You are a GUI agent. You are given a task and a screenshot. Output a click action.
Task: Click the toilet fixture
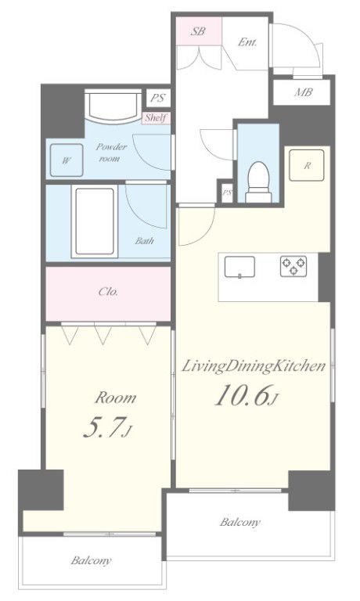258,182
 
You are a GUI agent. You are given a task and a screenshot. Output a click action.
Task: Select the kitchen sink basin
239,266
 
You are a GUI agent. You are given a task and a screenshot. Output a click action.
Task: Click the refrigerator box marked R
307,165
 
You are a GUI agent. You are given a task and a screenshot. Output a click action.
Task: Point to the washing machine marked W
67,160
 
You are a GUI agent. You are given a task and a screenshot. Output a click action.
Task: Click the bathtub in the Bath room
95,221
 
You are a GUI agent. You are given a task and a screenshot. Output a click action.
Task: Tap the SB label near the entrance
198,31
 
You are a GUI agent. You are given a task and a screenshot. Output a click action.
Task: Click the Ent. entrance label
247,41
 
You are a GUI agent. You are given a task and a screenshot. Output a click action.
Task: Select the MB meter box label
303,92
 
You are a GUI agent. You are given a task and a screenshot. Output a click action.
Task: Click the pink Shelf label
156,117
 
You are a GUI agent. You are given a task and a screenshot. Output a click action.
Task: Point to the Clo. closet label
108,292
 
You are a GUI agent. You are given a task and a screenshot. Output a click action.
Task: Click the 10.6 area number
246,394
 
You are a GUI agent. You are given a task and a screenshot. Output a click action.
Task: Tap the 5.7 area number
107,427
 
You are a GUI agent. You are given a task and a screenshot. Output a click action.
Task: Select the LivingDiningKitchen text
253,366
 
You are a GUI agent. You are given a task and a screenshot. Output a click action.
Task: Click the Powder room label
111,152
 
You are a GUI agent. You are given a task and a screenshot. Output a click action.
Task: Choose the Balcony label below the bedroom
92,560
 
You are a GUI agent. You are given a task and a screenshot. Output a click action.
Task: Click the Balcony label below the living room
240,522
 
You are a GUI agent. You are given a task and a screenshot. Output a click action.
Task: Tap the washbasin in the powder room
113,105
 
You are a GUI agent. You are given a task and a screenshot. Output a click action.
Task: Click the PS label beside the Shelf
158,98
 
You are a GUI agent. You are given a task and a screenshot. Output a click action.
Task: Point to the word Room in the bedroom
115,398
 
